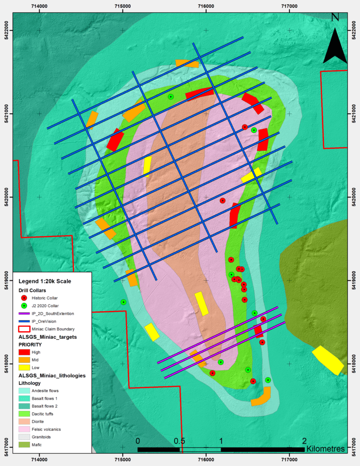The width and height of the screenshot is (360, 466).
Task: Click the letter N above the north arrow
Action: click(335, 17)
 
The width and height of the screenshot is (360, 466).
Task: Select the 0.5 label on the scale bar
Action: click(179, 441)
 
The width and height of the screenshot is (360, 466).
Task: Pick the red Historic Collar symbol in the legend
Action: click(25, 298)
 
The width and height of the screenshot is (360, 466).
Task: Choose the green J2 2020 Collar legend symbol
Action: click(25, 305)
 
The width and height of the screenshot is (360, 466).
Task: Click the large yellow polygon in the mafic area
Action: click(328, 360)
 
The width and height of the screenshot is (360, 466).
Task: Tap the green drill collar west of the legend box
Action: click(123, 302)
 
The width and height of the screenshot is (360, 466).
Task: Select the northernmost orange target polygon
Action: click(188, 64)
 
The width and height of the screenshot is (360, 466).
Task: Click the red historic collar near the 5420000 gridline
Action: click(223, 201)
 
